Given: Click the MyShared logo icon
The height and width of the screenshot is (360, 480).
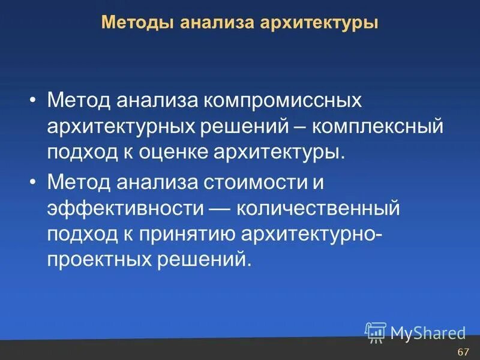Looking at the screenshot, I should [376, 331].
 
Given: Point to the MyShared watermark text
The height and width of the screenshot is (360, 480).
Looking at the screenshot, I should [427, 332].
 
